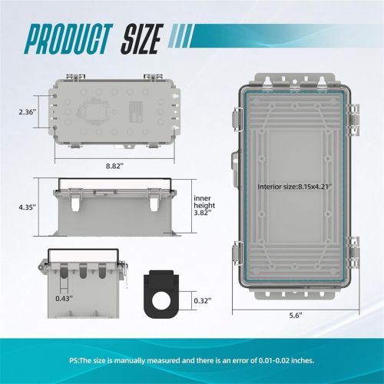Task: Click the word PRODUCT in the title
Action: point(68,38)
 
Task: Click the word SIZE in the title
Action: point(142,38)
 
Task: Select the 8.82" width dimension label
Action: point(114,166)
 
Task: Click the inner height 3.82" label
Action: point(204,205)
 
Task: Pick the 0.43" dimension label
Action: point(65,298)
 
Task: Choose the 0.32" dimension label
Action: point(203,300)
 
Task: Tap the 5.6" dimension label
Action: point(296,316)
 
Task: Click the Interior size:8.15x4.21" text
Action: point(295,187)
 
